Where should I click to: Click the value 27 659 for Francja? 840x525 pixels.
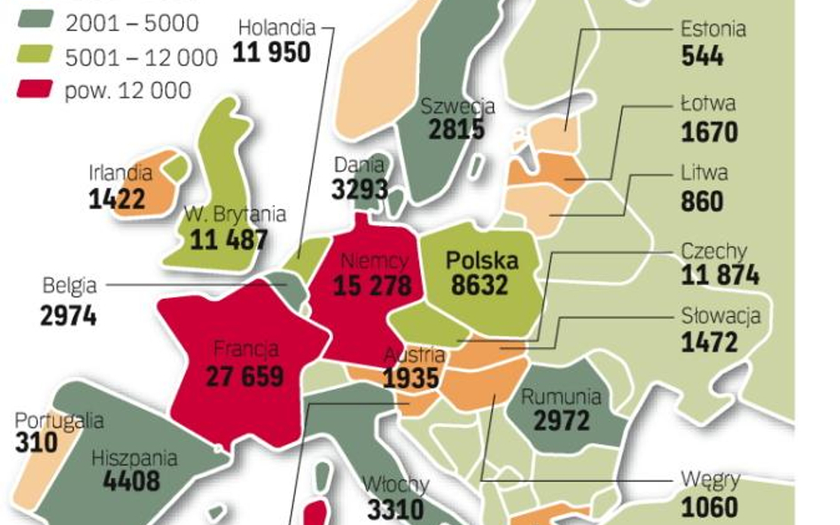(245, 375)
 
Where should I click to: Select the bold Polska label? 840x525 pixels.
(481, 260)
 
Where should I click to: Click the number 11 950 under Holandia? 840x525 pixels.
(272, 52)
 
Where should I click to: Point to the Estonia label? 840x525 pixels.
(712, 28)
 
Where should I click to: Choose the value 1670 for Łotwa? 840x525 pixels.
(709, 132)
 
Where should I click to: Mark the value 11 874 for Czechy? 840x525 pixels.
(719, 275)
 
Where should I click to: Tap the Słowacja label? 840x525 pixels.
(720, 315)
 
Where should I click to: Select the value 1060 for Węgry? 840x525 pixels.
(709, 507)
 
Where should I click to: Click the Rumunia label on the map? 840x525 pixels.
(561, 397)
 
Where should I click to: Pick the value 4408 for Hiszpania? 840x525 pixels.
(131, 482)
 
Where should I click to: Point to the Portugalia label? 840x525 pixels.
(58, 421)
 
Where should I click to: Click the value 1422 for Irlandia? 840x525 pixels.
(116, 198)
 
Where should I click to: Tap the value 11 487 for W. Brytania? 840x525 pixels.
(229, 239)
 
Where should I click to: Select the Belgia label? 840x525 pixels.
(69, 286)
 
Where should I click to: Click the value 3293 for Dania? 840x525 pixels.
(360, 189)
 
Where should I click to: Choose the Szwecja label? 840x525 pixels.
(457, 106)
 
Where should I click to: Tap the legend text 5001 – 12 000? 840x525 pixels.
(141, 58)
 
